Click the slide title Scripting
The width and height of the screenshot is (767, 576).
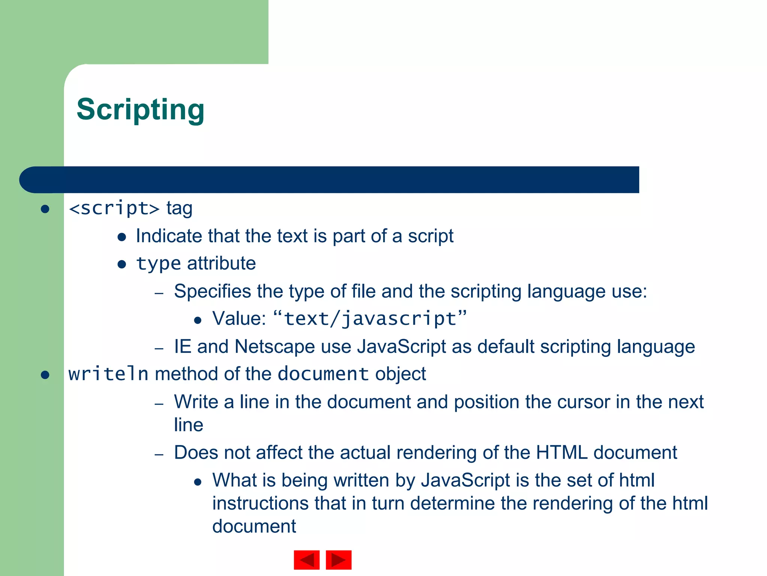point(140,109)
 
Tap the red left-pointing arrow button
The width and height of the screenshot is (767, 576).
point(307,560)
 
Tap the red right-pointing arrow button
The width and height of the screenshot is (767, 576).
point(339,560)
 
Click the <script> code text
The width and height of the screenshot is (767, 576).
point(114,208)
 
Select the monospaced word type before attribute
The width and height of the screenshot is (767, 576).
point(159,264)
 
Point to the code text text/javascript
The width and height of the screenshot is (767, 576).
point(370,319)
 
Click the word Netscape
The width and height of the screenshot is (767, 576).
point(275,346)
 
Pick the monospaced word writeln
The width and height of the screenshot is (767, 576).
point(108,374)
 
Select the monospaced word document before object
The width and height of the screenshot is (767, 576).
point(323,374)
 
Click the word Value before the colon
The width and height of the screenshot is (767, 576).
point(238,319)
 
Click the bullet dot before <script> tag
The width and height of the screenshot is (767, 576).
point(45,209)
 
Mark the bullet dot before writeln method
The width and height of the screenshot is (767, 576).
point(45,375)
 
